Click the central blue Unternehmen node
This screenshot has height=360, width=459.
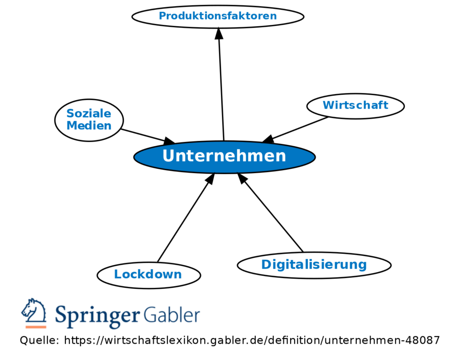click(x=224, y=156)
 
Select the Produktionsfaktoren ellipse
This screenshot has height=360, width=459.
click(x=218, y=16)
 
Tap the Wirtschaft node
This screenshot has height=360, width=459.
click(x=355, y=105)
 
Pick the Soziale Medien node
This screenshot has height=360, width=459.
click(x=89, y=120)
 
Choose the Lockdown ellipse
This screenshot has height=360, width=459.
click(x=148, y=274)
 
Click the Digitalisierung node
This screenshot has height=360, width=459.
click(x=314, y=264)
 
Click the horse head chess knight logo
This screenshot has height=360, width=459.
click(x=33, y=311)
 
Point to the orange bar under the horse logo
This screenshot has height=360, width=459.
click(x=35, y=327)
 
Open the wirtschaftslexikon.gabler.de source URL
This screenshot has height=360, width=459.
click(x=251, y=341)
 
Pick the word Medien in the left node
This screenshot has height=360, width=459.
click(x=89, y=126)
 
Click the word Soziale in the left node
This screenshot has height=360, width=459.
click(x=89, y=114)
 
